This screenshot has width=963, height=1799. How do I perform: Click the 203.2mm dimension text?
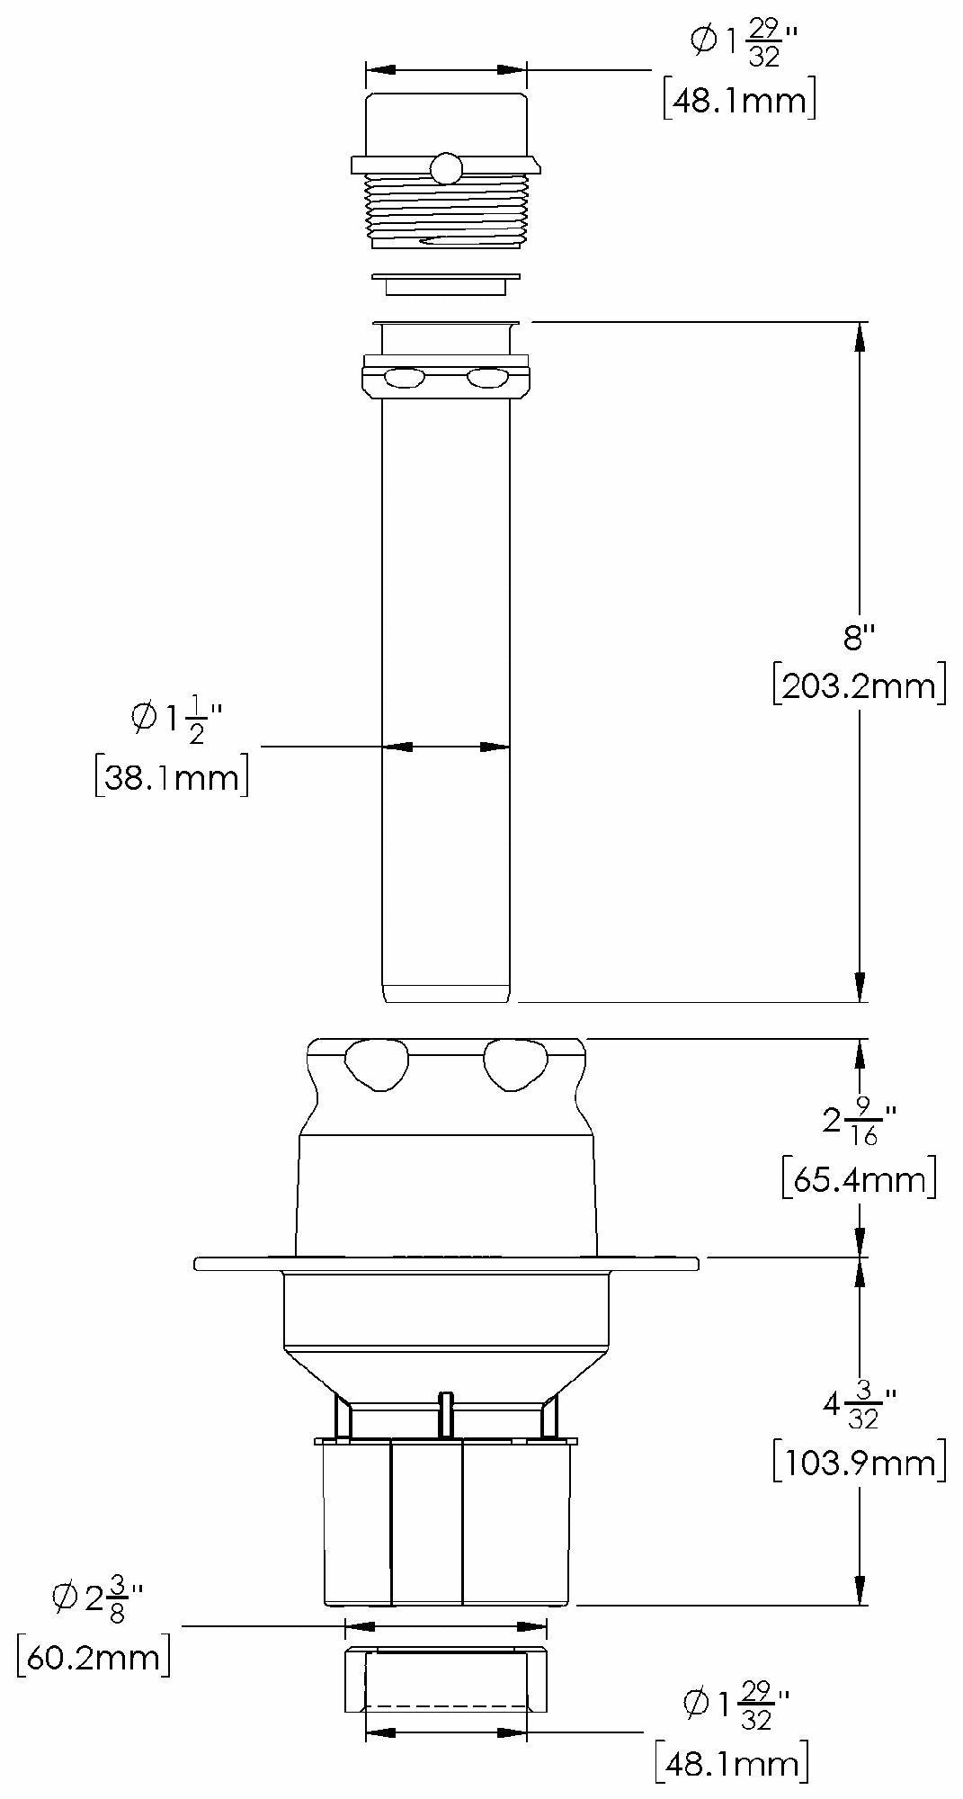point(859,687)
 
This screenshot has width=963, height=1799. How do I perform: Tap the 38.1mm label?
point(171,776)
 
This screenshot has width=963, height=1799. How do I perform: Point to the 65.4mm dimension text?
point(859,1179)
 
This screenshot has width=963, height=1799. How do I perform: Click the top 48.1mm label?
point(739,100)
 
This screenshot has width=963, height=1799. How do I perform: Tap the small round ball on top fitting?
point(445,167)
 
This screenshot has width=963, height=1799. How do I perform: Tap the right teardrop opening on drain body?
point(515,1063)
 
